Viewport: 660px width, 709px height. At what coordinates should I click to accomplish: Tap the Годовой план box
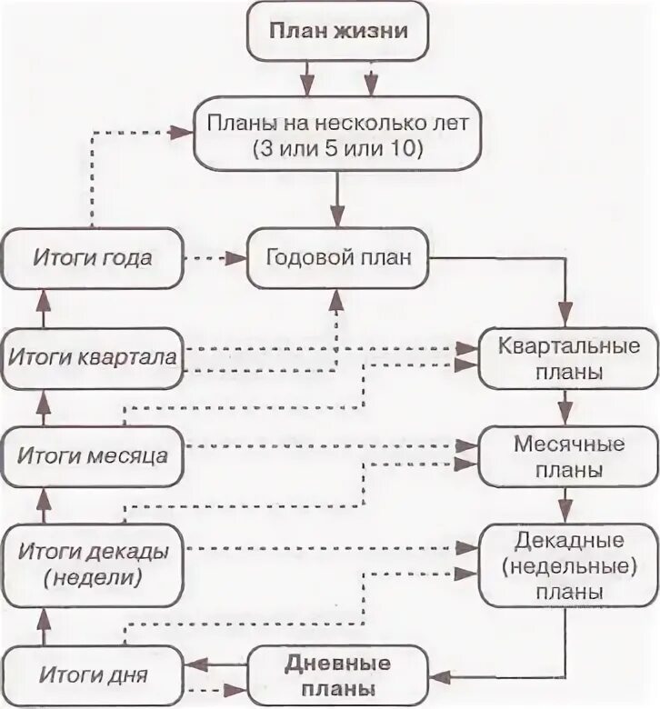[x=337, y=257]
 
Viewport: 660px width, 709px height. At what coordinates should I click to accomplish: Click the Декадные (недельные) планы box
[x=567, y=564]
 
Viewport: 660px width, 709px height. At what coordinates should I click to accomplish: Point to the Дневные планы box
[x=337, y=674]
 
